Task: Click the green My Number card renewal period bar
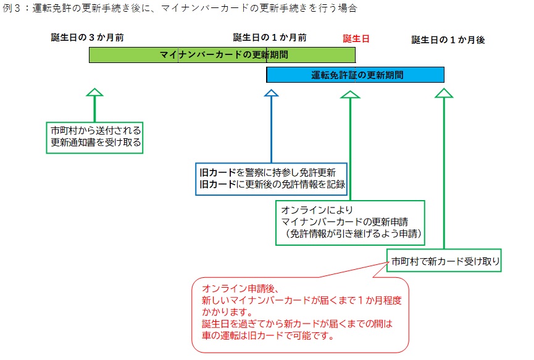tap(222, 55)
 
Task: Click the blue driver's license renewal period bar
tap(355, 75)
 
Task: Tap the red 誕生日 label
tap(356, 38)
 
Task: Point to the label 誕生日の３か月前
tap(88, 38)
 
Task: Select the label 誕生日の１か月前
tap(270, 38)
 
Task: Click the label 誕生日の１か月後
tap(448, 40)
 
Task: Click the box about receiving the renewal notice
tap(96, 137)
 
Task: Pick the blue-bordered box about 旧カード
tap(271, 178)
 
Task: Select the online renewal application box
tap(350, 222)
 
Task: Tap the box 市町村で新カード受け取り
tap(444, 261)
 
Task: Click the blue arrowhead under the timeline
tap(271, 93)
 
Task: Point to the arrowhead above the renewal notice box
tap(94, 93)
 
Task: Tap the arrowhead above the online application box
tap(350, 94)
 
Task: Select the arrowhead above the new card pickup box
tap(444, 94)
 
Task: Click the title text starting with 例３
tap(180, 9)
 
